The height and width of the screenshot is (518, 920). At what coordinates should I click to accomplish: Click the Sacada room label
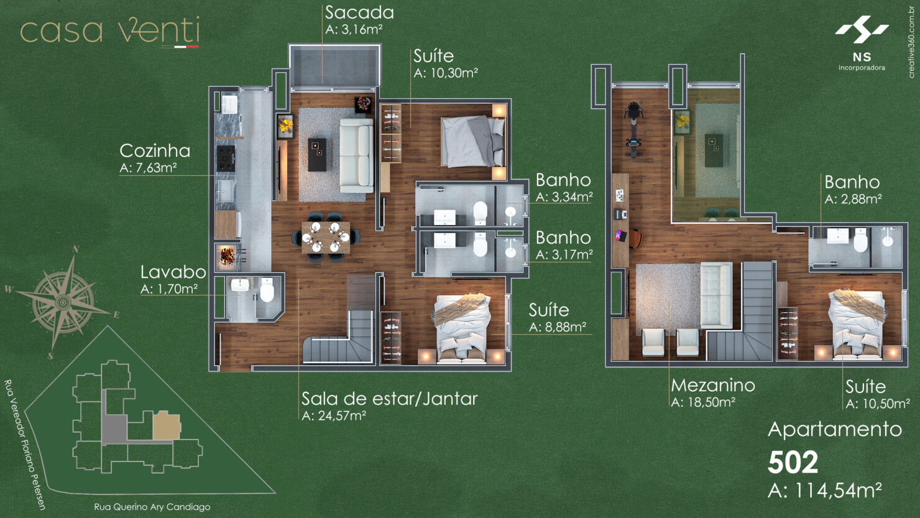359,12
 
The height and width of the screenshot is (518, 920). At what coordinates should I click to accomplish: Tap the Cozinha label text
155,151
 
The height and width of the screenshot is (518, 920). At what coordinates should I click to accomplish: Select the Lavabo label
173,272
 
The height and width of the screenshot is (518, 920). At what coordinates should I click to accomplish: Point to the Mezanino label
713,386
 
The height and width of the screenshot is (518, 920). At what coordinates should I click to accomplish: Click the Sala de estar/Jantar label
389,399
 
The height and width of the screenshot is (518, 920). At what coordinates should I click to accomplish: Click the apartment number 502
793,462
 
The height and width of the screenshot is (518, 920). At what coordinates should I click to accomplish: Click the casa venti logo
110,32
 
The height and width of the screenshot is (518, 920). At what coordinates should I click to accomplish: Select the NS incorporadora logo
862,44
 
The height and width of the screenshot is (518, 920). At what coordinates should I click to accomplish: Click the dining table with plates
326,237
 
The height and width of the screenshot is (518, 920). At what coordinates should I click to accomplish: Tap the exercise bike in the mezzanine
633,130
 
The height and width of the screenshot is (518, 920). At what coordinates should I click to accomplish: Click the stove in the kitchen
225,159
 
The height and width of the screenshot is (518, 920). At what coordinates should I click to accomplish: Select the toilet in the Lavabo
267,290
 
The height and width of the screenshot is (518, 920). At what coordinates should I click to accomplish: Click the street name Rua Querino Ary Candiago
152,507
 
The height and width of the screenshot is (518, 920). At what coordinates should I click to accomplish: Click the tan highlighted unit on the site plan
167,426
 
